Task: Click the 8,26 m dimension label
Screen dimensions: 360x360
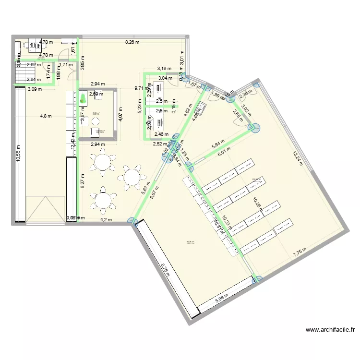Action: pos(132,42)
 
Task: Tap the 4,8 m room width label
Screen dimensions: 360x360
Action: pos(46,116)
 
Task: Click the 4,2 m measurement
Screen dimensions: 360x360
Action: pos(106,220)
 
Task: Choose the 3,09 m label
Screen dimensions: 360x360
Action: pos(35,89)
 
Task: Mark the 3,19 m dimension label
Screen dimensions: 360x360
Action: pos(164,69)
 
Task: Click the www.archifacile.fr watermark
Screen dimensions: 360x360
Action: pos(331,330)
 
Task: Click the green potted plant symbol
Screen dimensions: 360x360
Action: pos(84,99)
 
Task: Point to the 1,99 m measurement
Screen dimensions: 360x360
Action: pos(218,95)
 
